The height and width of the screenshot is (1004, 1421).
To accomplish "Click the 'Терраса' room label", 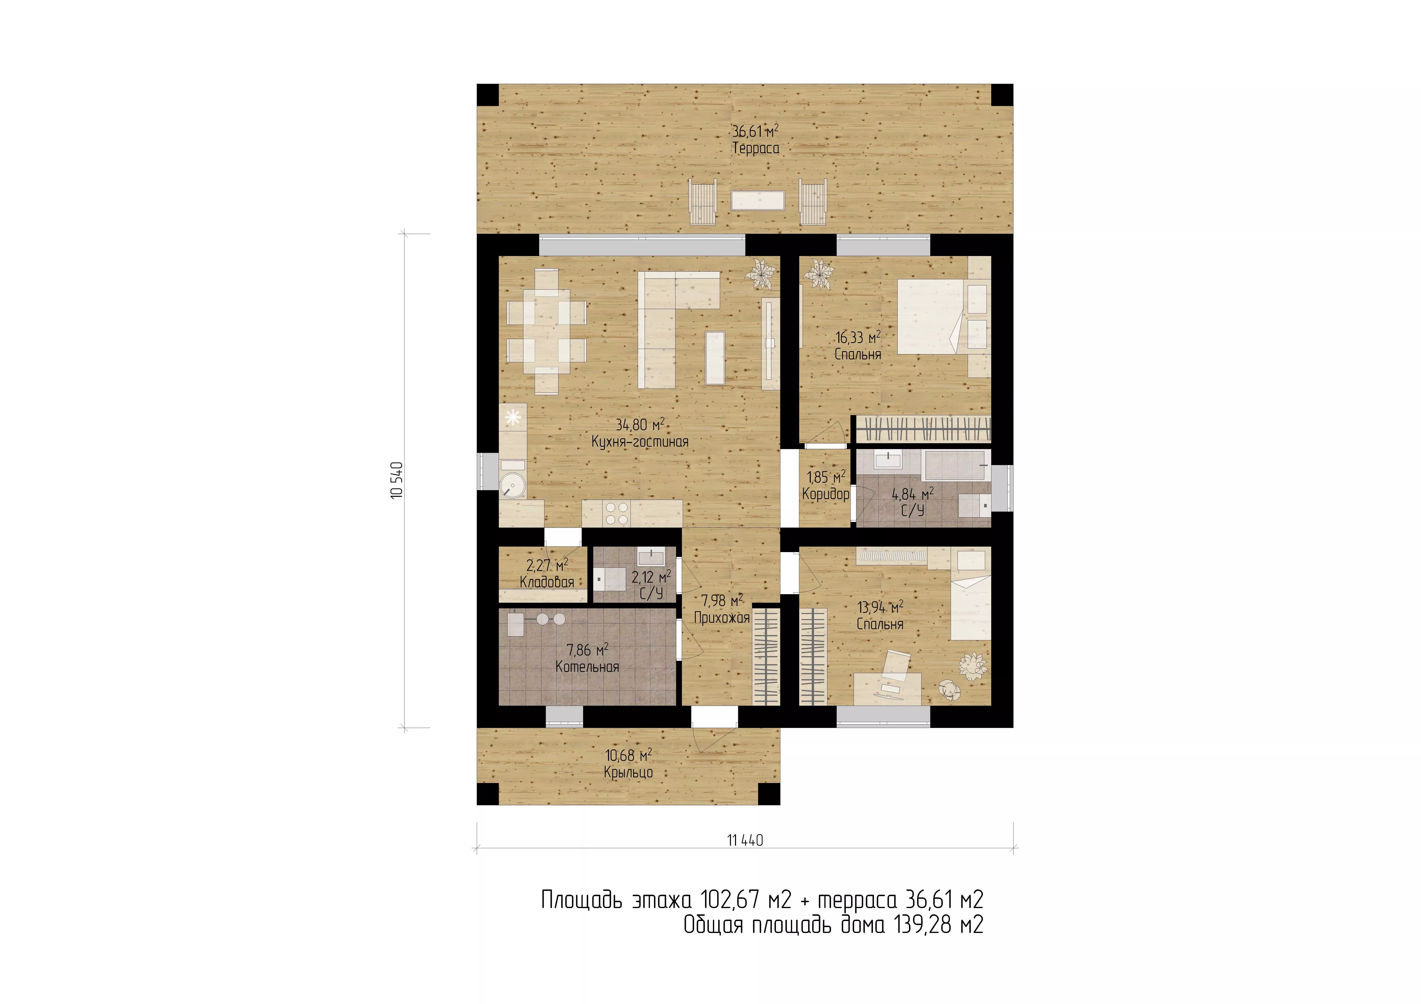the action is [x=756, y=149].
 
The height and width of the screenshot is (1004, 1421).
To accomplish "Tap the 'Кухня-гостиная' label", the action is [x=640, y=442].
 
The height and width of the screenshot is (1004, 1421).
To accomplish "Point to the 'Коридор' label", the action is [x=826, y=494].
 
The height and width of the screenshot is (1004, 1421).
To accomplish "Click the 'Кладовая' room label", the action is [x=547, y=582].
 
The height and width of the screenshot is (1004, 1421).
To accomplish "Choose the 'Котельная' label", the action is [x=587, y=667].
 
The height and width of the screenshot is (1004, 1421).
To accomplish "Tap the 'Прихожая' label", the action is [x=722, y=617].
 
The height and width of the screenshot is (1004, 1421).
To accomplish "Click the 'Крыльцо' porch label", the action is [x=628, y=773].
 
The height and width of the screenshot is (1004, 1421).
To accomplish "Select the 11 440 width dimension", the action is [x=745, y=840].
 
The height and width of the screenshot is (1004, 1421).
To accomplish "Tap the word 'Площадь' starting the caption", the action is [x=582, y=900].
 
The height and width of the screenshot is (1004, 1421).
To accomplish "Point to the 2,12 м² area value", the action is [x=651, y=577].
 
